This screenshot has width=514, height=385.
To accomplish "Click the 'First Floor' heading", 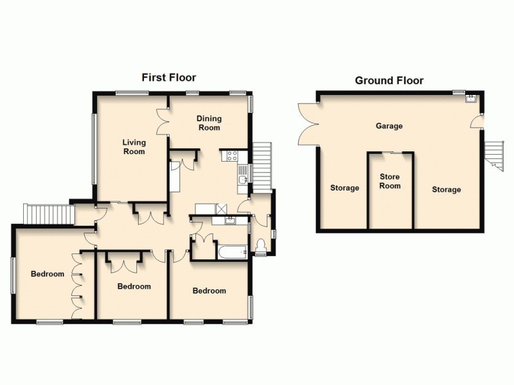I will tap(168, 78).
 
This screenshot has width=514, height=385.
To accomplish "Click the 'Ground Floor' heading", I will tap(389, 81).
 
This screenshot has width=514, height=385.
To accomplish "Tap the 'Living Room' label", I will tap(134, 147).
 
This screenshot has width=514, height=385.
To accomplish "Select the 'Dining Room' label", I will tap(209, 123).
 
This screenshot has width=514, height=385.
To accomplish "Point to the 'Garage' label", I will tap(389, 126).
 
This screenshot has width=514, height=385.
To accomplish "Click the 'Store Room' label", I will tap(389, 182).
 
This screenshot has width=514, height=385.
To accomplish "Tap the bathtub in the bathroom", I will tap(232, 252).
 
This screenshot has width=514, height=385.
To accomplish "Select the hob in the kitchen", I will tap(231, 155).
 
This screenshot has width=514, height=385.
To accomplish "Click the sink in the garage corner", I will tap(470, 98).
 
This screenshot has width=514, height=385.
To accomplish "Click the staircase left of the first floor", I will tap(46, 214).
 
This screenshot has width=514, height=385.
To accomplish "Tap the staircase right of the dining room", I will tap(262, 164).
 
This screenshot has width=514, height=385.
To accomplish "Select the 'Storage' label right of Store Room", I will tap(446, 190).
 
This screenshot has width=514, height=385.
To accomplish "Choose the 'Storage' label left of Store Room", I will tap(344, 188).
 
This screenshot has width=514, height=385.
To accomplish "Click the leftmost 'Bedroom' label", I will tap(48, 275).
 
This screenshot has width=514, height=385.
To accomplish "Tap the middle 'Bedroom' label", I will tap(134, 286).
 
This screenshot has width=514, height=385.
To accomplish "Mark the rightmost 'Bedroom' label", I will tap(209, 291).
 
